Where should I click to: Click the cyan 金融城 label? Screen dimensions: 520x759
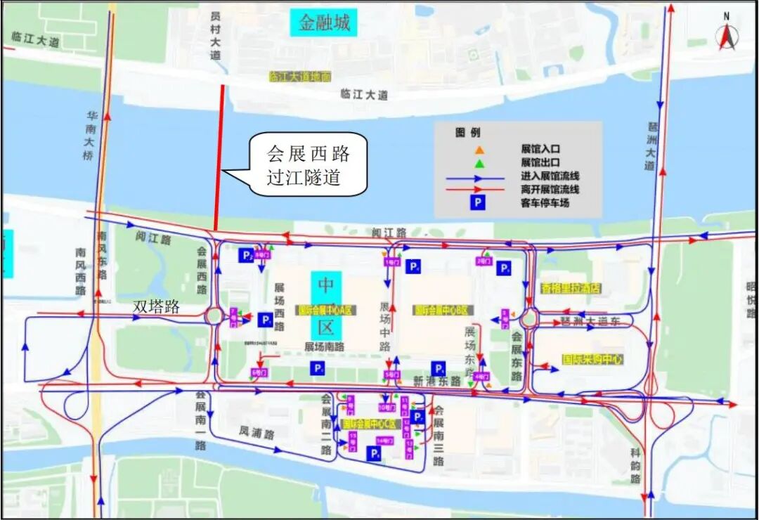324,23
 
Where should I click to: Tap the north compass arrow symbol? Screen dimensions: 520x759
727,38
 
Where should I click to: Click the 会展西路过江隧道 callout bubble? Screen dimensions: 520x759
308,164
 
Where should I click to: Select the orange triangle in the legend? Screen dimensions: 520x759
479,150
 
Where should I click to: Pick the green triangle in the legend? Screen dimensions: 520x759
479,163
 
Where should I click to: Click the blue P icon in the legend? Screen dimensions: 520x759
477,203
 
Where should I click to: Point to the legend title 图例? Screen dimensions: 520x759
469,132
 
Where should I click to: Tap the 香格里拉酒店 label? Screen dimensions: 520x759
571,287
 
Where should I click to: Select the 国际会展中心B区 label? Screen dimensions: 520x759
443,309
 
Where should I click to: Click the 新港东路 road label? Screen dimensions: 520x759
436,380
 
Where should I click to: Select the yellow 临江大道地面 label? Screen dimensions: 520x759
300,77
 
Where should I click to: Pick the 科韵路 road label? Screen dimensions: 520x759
635,465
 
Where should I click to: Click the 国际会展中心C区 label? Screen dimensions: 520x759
371,424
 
